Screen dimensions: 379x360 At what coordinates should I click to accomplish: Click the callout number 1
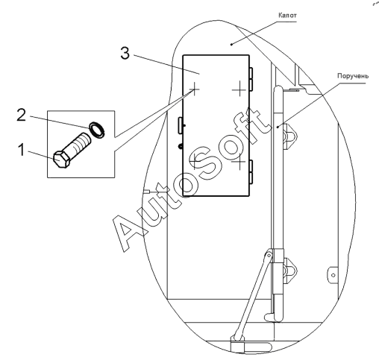point(22,150)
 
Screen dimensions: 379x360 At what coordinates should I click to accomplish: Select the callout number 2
point(21,115)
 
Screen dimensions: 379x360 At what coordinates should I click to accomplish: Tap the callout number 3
point(125,53)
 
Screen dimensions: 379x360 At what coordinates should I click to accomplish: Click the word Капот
point(287,16)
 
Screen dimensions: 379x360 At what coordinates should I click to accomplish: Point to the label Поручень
point(353,76)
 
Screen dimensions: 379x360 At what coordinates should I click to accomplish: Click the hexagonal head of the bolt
point(60,160)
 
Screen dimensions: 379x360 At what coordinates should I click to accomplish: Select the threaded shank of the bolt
point(78,144)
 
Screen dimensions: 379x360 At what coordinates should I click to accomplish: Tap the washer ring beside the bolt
point(97,129)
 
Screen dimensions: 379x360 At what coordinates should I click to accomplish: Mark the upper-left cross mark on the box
point(195,89)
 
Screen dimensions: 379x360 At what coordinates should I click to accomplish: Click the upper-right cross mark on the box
point(239,89)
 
